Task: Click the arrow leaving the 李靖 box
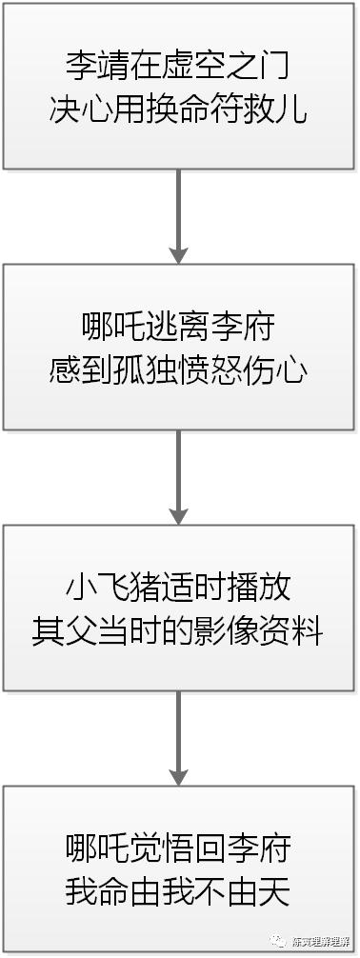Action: pos(178,219)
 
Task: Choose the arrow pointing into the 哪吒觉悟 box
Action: pos(178,738)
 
